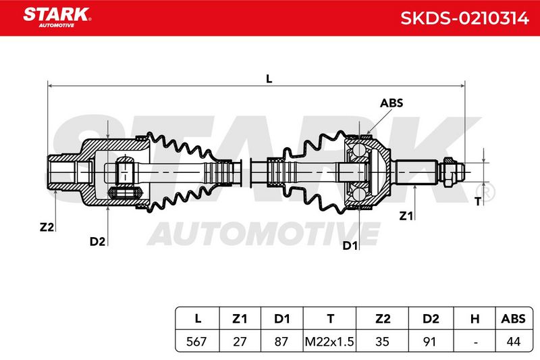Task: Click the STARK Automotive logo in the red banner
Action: tap(57, 18)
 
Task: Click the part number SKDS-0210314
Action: tap(464, 18)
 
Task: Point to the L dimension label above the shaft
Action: tap(269, 78)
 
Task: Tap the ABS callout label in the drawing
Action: tap(391, 103)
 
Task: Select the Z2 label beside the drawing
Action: tap(47, 227)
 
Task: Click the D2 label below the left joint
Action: tap(97, 242)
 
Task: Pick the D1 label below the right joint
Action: tap(350, 246)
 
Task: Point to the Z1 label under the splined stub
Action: tap(406, 216)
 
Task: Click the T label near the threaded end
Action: tap(478, 201)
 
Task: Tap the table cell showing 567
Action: tap(196, 342)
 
